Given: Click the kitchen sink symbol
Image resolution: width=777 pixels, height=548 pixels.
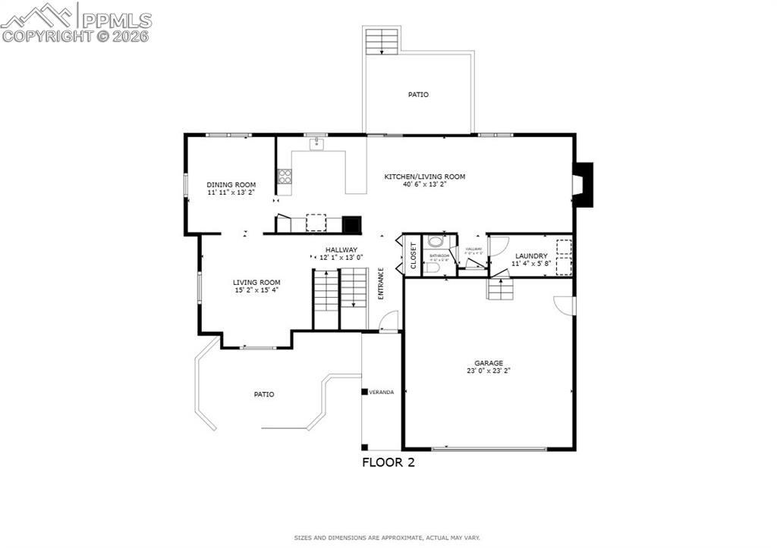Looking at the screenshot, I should coord(316,143).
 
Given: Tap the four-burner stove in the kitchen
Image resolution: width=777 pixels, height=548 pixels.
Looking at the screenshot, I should coord(285,176).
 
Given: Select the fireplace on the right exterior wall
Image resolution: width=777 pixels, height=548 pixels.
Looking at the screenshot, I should coord(583,183).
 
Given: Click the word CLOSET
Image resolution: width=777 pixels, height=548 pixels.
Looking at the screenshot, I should coord(414,255).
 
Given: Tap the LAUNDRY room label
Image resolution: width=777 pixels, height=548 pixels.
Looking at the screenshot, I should coord(530,256).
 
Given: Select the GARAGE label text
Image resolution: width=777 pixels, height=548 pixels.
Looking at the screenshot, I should coord(489,363).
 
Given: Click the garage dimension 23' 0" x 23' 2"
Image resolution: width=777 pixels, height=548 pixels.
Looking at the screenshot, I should coord(489,371).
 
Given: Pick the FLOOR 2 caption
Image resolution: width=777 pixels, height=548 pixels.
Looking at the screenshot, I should coord(388,462).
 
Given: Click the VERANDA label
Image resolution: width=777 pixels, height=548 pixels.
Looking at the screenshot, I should coord(382,392).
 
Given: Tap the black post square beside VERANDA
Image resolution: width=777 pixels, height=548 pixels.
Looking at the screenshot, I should coord(364,392).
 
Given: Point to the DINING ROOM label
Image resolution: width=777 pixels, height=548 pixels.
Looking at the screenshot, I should coord(231,184).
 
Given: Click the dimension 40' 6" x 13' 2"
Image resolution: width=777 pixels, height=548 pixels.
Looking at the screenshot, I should coord(424,184).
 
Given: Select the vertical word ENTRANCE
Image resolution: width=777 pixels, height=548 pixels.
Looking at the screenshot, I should coord(381,283).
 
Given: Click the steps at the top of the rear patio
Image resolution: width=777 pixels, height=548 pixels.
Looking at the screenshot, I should coord(382,40).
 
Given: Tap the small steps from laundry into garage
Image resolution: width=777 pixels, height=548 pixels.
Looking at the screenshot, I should coord(499,289).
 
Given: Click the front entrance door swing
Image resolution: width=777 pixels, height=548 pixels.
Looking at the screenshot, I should coord(388,321).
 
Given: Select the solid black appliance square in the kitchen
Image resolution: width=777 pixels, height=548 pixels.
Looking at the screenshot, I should coord(352,224).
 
